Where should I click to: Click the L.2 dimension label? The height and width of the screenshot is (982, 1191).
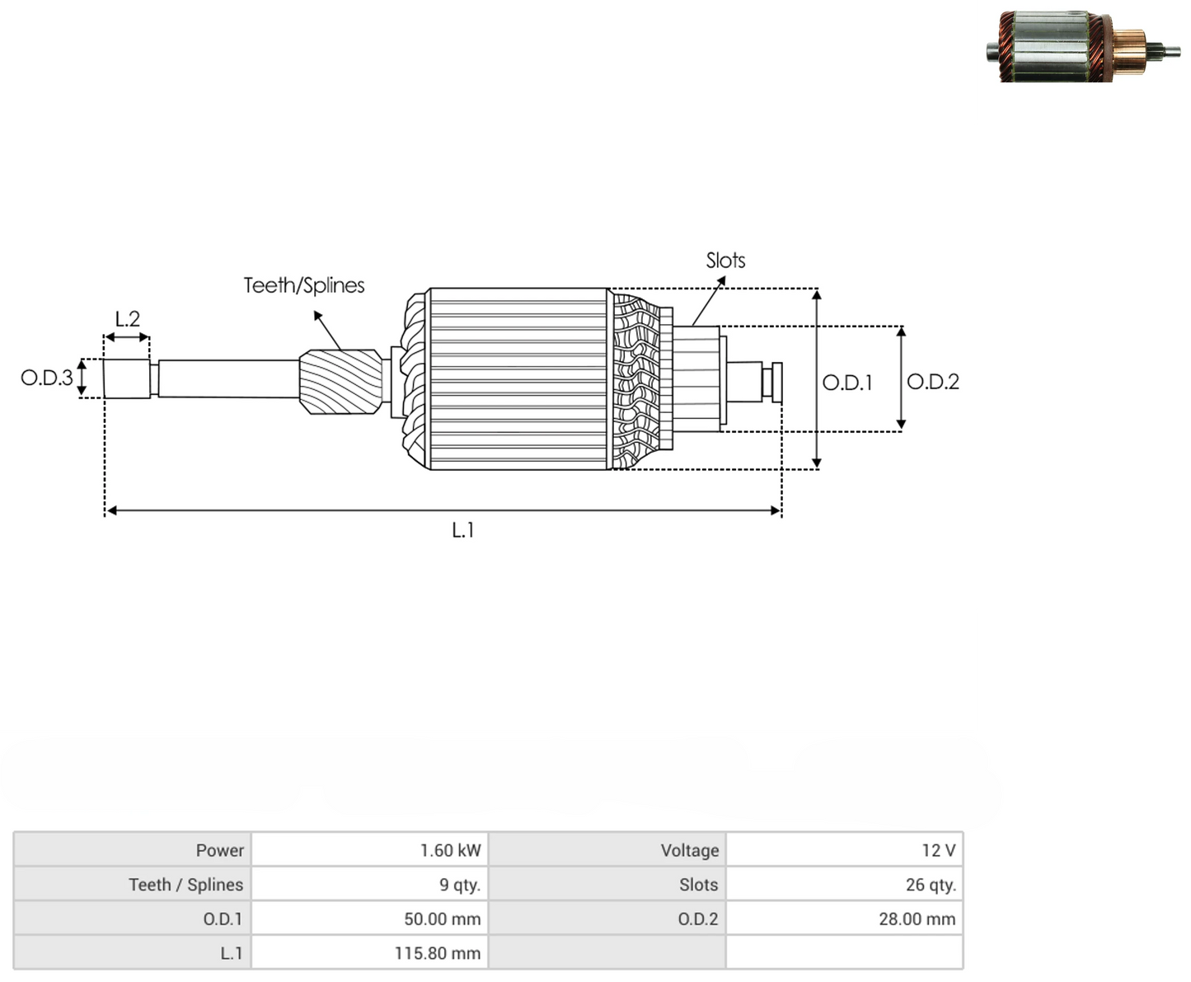127,319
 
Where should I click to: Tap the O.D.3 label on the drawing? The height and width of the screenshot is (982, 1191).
47,378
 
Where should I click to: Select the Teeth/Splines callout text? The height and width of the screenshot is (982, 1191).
304,285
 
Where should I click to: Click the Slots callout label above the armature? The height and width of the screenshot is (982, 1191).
725,261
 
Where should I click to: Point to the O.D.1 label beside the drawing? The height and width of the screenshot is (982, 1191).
847,383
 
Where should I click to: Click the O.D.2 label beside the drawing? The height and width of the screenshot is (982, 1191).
933,382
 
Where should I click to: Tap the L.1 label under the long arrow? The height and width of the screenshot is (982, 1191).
462,531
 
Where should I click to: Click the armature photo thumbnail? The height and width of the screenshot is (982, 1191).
1083,46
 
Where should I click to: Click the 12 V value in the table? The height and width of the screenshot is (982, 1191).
939,851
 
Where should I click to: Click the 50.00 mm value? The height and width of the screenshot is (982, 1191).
443,919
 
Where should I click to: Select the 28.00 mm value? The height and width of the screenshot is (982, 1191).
917,919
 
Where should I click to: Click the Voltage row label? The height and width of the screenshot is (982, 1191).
690,851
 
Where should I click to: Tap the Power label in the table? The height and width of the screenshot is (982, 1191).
219,851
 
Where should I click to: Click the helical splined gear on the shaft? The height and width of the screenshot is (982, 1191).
341,382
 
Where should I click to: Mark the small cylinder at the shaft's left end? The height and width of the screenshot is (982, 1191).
127,378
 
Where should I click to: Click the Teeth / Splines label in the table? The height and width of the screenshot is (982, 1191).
186,885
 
